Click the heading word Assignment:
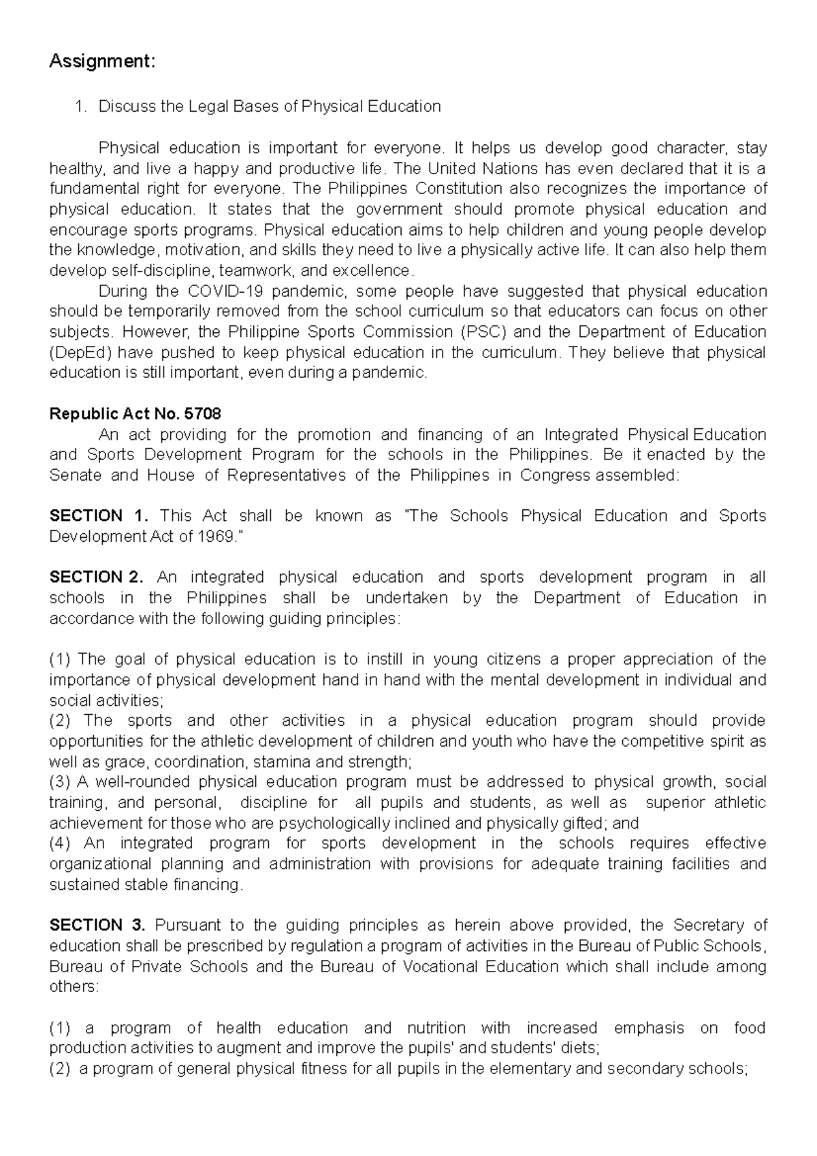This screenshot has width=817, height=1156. pos(102,62)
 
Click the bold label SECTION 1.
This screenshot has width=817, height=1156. pos(96,516)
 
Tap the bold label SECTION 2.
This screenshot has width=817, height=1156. pos(96,577)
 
